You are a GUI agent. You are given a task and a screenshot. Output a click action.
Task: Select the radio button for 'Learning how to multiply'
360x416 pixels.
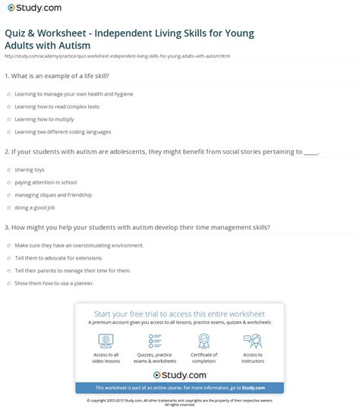(8, 119)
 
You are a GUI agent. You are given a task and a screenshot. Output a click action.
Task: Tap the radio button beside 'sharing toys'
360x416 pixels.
(8, 169)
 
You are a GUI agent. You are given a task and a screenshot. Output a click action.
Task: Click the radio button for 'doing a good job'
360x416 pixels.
(8, 207)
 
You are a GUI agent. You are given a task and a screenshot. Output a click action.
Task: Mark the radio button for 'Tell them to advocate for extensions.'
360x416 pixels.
(8, 257)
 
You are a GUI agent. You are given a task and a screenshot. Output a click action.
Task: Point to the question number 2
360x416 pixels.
(6, 151)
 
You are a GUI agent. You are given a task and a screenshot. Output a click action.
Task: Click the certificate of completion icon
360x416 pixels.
(204, 340)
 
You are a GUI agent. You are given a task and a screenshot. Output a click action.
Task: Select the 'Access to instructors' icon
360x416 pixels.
(253, 340)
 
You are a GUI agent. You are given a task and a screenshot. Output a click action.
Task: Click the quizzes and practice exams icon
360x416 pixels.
(155, 340)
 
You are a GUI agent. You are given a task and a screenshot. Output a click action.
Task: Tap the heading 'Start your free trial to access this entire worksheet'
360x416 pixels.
(179, 314)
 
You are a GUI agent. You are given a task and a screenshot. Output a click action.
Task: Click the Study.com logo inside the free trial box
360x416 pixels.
(179, 375)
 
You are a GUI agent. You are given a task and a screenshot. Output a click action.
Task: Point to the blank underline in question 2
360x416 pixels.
(310, 152)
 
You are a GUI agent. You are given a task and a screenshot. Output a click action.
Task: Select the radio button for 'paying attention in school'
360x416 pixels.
(8, 182)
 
